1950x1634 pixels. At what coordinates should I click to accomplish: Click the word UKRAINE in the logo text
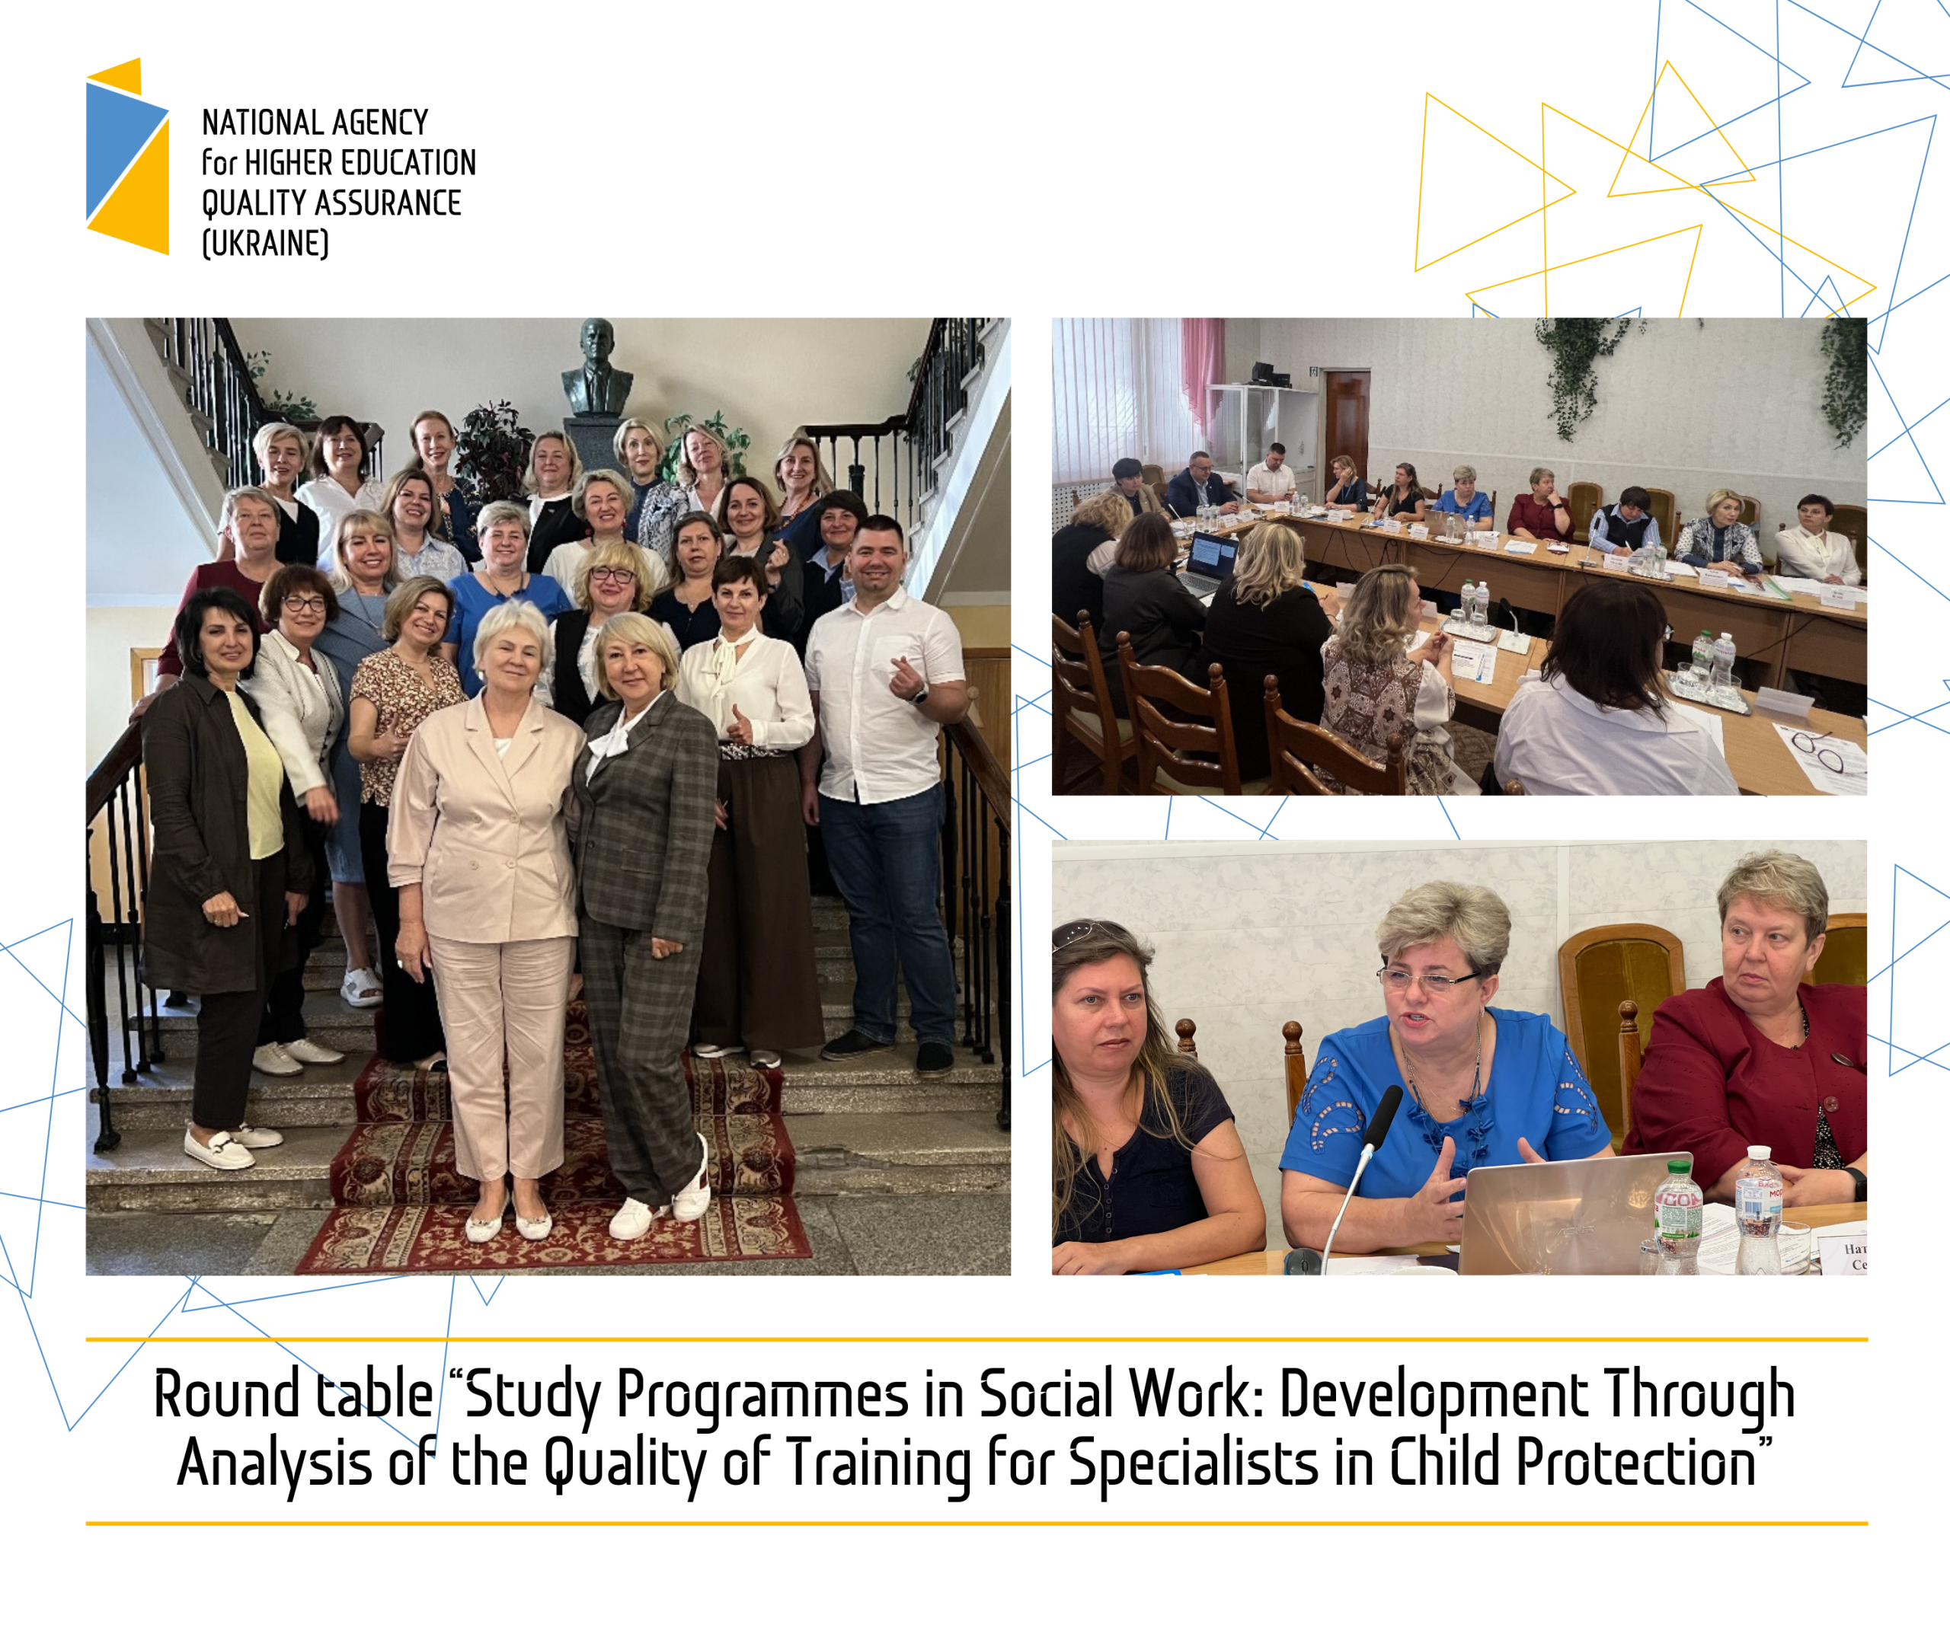click(266, 243)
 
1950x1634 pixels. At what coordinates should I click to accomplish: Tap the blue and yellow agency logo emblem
click(128, 156)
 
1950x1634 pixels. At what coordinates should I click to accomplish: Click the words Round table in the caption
click(293, 1394)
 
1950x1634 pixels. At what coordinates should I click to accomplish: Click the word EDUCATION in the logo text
click(408, 162)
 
